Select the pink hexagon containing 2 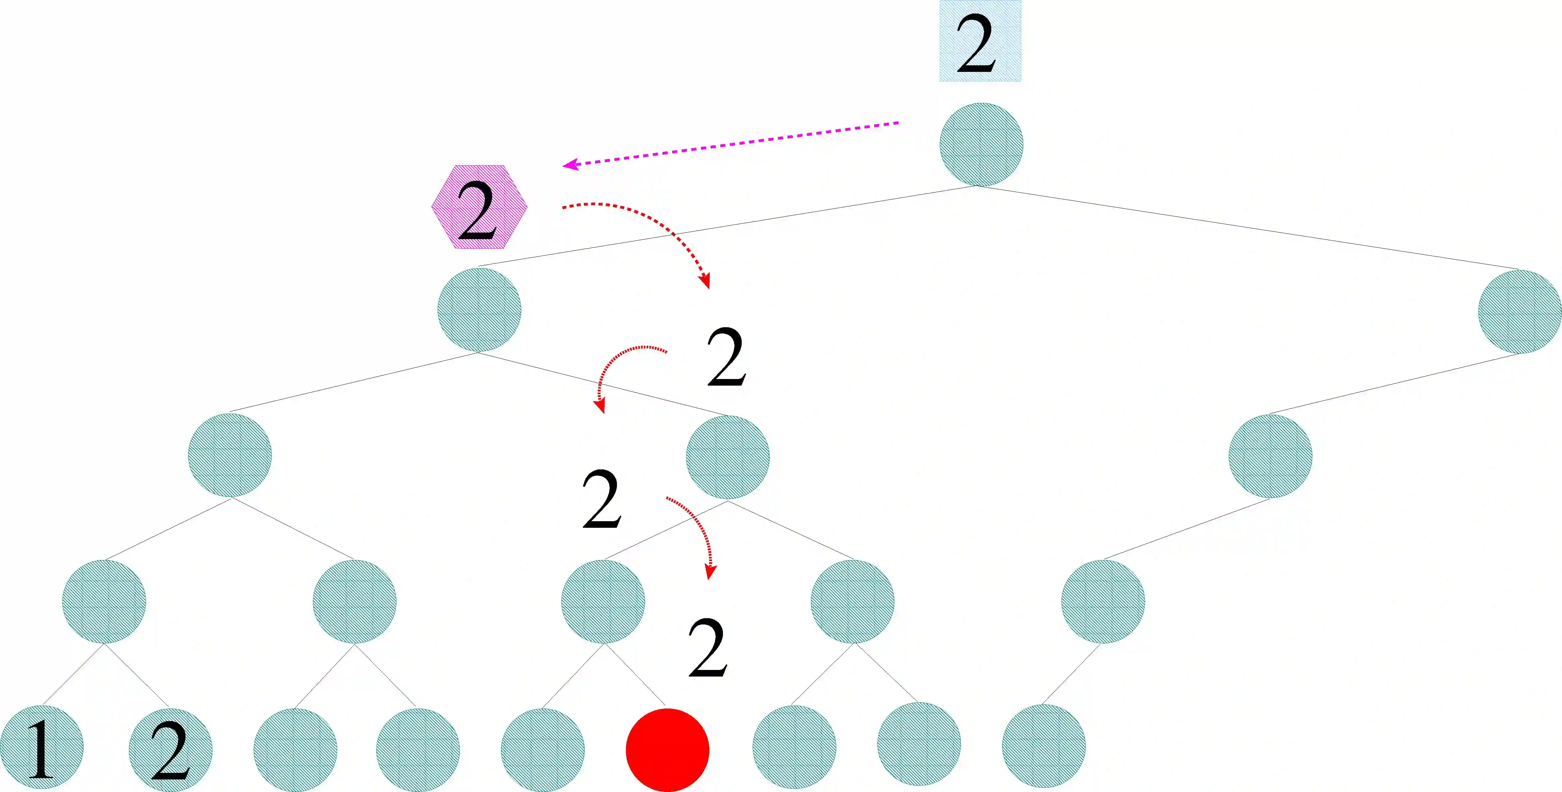click(x=479, y=206)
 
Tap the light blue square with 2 click(x=980, y=41)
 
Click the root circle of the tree click(x=981, y=144)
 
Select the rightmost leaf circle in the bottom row click(x=1043, y=746)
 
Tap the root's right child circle click(x=1519, y=311)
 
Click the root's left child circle click(x=479, y=310)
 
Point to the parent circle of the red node click(x=603, y=601)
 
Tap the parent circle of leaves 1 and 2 click(x=104, y=601)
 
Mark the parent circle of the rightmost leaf click(x=1103, y=601)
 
